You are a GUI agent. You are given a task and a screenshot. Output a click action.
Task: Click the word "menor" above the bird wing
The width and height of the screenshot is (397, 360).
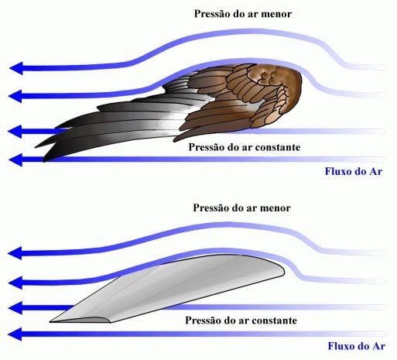pos(276,14)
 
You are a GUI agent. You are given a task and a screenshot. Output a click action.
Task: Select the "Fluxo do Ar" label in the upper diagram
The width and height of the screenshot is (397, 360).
pos(354,171)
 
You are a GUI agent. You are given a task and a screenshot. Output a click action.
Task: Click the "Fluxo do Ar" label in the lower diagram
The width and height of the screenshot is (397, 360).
pos(357,346)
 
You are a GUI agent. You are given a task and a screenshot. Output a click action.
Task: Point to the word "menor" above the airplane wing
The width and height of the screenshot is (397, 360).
pos(275,208)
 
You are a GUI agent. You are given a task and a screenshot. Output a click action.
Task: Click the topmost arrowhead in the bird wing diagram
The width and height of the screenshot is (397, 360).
pos(16,68)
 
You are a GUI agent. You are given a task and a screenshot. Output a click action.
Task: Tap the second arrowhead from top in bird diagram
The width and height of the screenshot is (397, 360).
pos(15,96)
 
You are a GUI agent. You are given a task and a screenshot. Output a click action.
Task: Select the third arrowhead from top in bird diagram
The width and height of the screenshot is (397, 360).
pos(15,132)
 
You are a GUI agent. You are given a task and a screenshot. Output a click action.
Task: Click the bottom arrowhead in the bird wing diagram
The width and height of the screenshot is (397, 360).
pos(15,159)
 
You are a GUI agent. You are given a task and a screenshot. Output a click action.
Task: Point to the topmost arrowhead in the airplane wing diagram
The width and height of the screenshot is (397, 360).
pos(15,253)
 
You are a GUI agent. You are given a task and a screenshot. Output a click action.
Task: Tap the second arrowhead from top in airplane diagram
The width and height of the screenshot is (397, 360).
pos(15,283)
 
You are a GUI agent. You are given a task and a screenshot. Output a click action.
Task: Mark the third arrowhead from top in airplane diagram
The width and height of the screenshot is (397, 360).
pos(15,307)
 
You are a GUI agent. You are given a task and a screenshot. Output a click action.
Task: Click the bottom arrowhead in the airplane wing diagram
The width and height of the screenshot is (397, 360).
pos(15,334)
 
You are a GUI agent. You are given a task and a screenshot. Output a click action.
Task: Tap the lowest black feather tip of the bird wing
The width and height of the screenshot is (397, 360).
pos(45,160)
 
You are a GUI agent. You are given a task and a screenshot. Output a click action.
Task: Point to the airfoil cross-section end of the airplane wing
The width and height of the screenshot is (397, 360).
pos(80,320)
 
